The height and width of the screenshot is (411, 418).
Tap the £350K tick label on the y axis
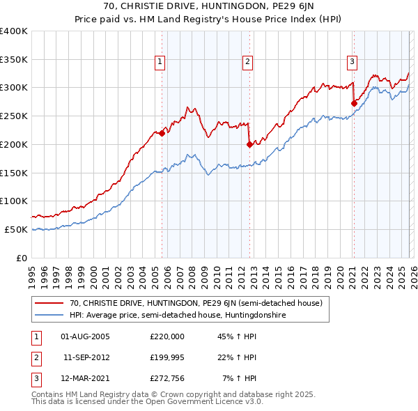click(x=14, y=60)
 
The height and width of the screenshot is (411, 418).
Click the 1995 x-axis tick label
click(x=32, y=272)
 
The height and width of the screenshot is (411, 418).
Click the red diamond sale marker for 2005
click(x=162, y=133)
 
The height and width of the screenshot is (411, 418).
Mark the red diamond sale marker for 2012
click(x=249, y=145)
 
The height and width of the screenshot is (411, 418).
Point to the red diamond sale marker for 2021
click(x=354, y=104)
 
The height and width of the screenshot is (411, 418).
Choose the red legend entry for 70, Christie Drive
click(x=195, y=303)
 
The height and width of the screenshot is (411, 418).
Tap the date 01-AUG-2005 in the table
click(x=85, y=336)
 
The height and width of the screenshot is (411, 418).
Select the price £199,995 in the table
click(x=167, y=357)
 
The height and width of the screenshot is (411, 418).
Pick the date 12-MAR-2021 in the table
click(x=85, y=378)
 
